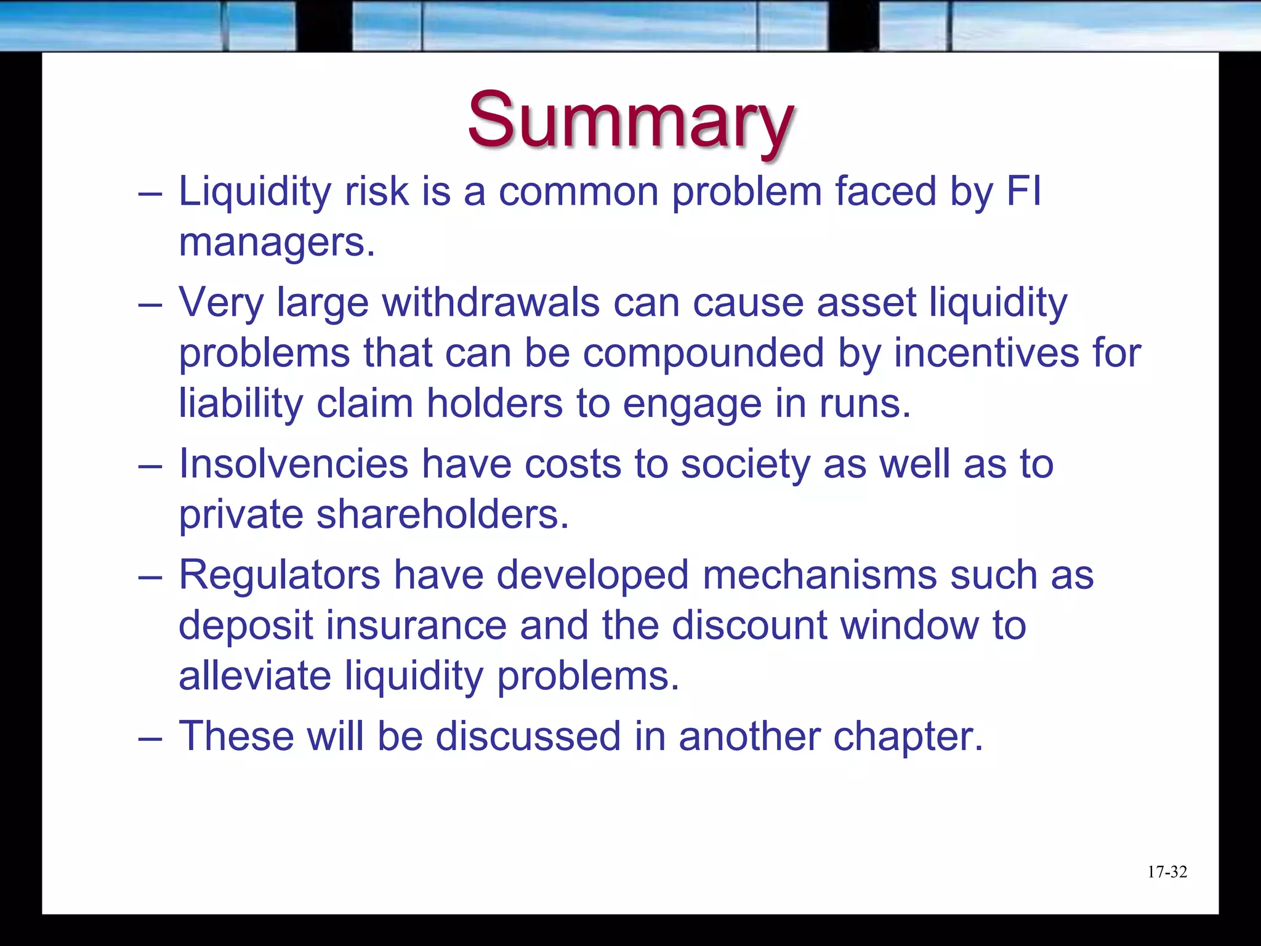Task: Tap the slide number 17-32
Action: click(1167, 872)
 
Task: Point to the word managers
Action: click(276, 243)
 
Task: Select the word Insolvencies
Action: click(293, 464)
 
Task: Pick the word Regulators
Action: click(280, 575)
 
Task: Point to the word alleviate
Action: click(254, 676)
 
